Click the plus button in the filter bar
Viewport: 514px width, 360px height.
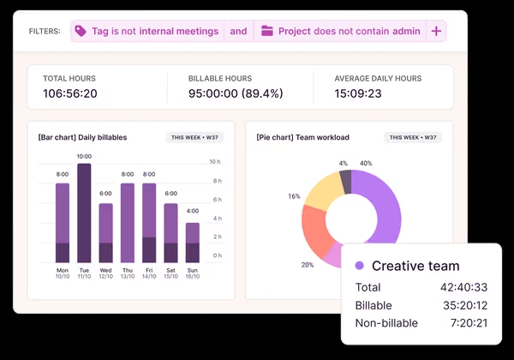point(436,31)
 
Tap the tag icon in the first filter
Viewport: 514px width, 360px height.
point(81,31)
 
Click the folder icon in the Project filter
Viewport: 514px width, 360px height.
point(267,31)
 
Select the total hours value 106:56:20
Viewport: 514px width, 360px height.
point(70,93)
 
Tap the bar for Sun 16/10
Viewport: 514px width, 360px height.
point(193,243)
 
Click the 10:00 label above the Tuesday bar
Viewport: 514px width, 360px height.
point(84,157)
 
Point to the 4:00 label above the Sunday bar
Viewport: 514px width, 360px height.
point(193,211)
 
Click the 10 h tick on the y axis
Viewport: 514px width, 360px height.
point(216,162)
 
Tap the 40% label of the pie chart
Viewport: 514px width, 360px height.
point(366,163)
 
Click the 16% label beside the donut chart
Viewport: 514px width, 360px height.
point(294,196)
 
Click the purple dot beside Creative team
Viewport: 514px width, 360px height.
point(360,266)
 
